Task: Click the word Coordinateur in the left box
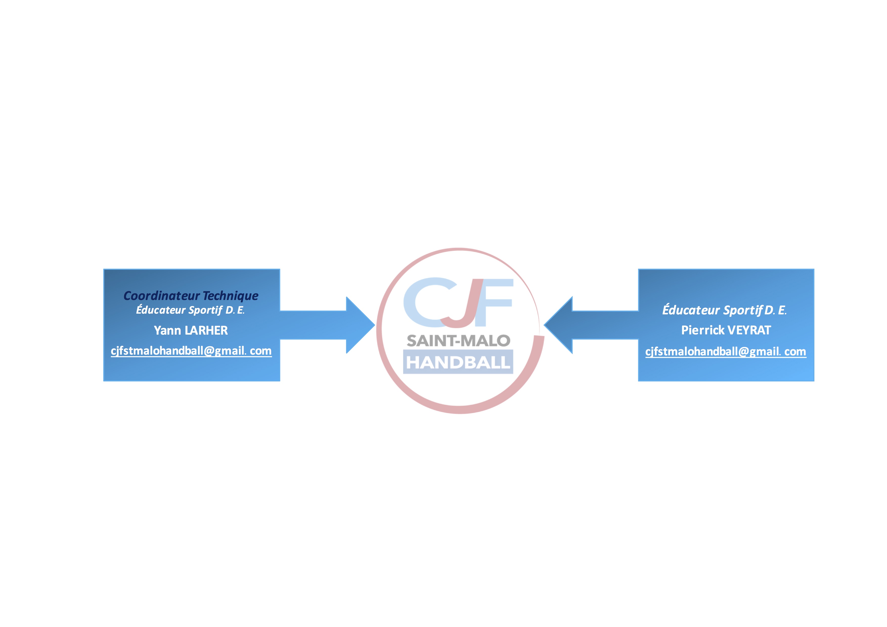pyautogui.click(x=162, y=296)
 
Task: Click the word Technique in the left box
pyautogui.click(x=231, y=296)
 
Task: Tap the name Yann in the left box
pyautogui.click(x=167, y=330)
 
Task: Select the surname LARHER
pyautogui.click(x=206, y=330)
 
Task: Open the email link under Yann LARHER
pyautogui.click(x=191, y=351)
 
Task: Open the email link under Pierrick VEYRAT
pyautogui.click(x=725, y=352)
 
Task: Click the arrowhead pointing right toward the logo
pyautogui.click(x=359, y=325)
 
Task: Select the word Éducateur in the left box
pyautogui.click(x=161, y=310)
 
